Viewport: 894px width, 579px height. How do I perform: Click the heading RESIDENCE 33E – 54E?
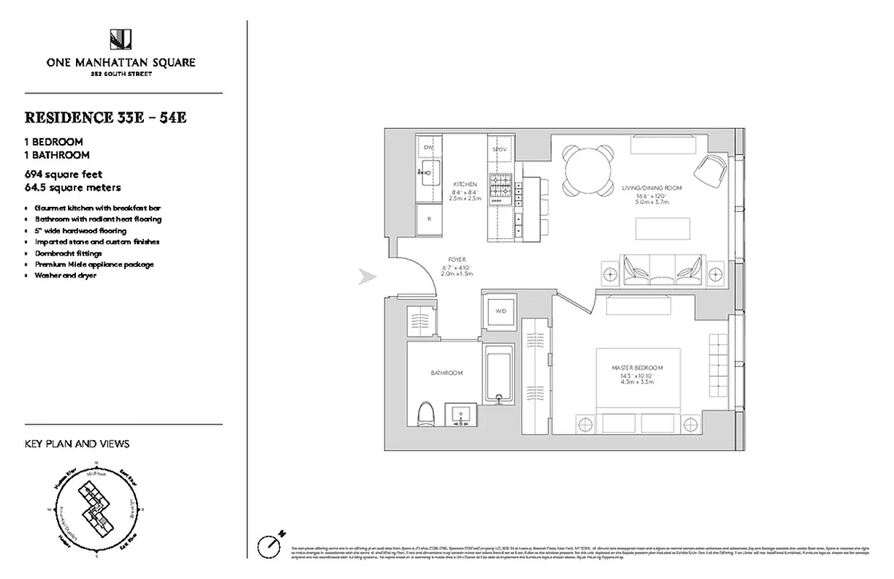click(106, 117)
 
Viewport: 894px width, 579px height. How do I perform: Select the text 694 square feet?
click(64, 174)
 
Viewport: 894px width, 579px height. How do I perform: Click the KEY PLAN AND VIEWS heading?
click(77, 444)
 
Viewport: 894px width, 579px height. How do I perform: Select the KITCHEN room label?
click(465, 184)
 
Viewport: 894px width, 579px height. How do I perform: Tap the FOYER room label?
click(456, 259)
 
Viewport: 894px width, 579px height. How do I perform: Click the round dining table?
click(587, 172)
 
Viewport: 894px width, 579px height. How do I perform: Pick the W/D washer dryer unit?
click(500, 312)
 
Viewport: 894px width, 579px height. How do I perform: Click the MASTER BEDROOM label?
click(637, 368)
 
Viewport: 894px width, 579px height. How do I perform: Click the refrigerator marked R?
click(429, 217)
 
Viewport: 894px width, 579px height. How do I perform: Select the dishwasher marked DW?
click(428, 148)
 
